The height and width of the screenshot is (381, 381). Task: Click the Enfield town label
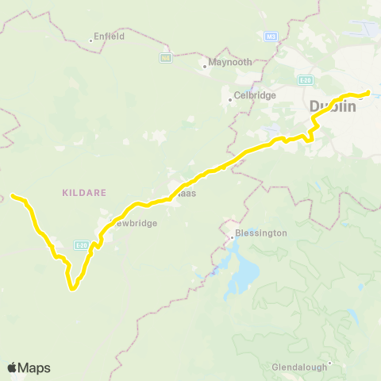pyautogui.click(x=110, y=36)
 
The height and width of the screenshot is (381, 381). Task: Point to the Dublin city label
pyautogui.click(x=333, y=106)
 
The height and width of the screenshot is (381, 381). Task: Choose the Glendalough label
pyautogui.click(x=298, y=368)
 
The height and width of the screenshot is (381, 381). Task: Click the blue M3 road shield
pyautogui.click(x=271, y=37)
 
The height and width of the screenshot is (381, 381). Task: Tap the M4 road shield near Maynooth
pyautogui.click(x=166, y=57)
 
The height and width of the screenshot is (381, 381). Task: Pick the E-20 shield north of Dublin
pyautogui.click(x=306, y=79)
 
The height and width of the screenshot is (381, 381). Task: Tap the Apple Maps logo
pyautogui.click(x=29, y=368)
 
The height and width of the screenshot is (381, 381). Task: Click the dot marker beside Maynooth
pyautogui.click(x=204, y=67)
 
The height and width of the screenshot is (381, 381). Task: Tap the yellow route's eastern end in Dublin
pyautogui.click(x=369, y=93)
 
